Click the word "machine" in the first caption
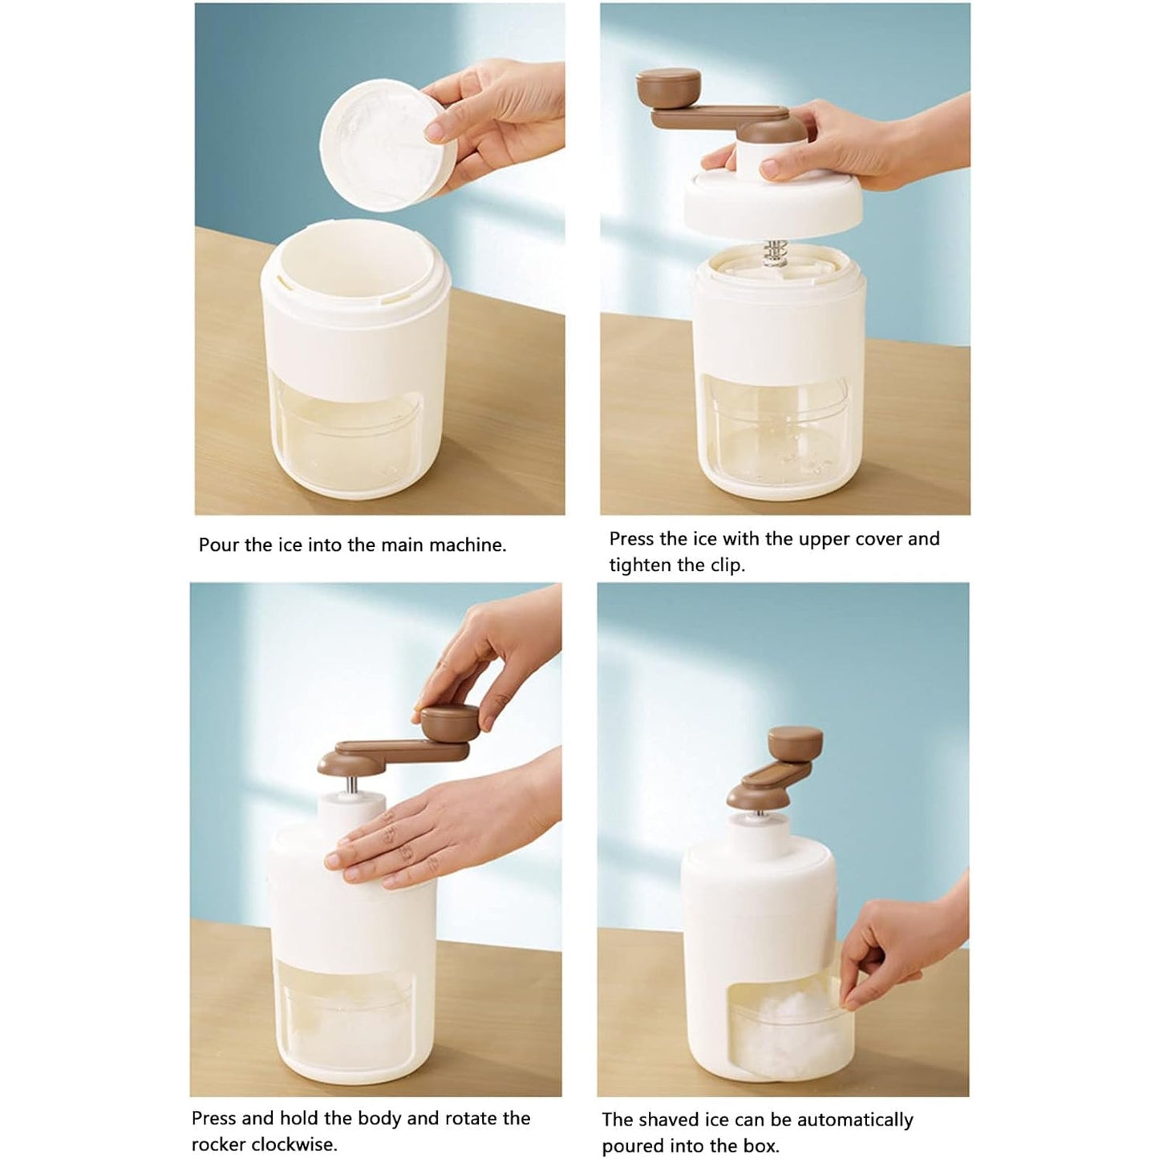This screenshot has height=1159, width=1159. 465,545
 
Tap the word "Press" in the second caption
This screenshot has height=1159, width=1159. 632,539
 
